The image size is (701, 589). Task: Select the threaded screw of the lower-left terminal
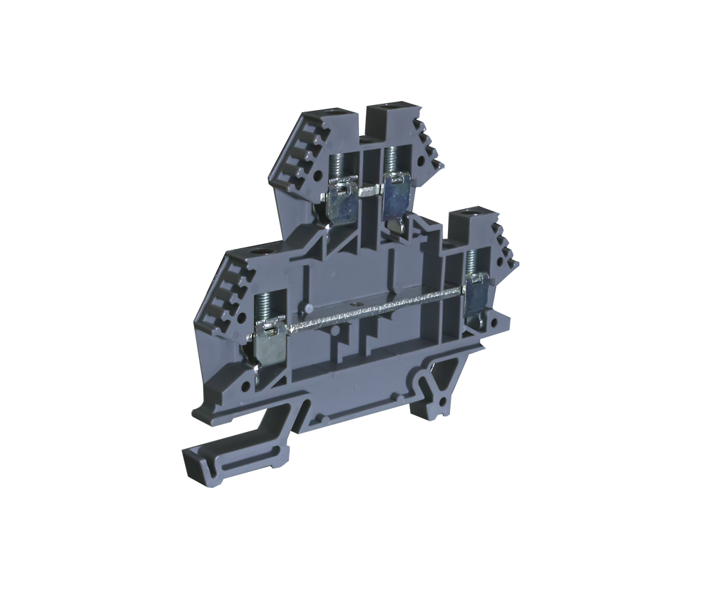click(264, 304)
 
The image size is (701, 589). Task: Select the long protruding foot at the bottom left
click(231, 456)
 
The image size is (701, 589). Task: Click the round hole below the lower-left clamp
click(246, 386)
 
